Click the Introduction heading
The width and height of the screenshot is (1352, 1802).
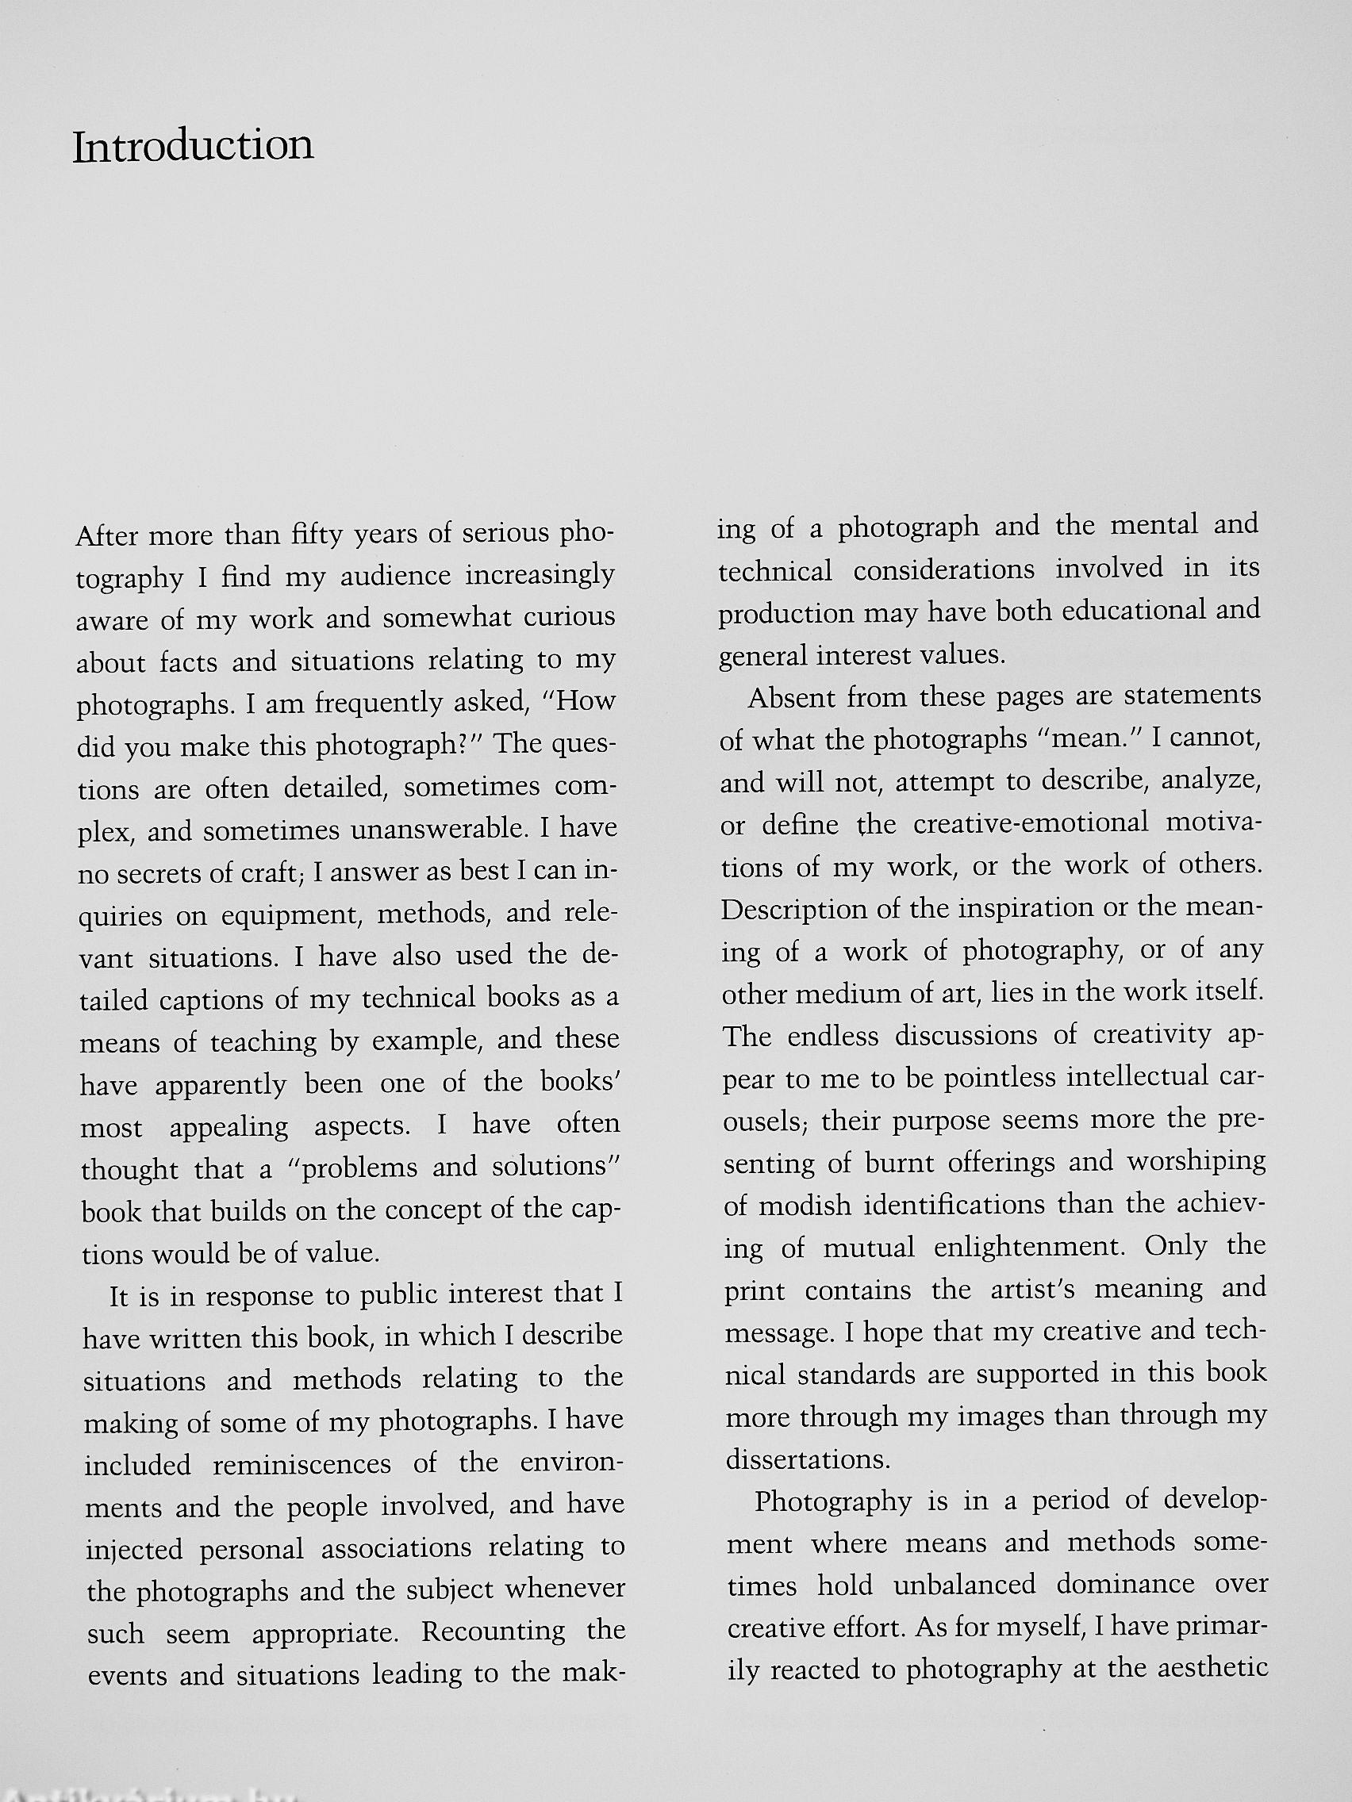[x=192, y=147]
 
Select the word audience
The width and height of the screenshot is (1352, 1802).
[x=394, y=577]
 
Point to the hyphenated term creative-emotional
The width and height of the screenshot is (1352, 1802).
[x=1030, y=822]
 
